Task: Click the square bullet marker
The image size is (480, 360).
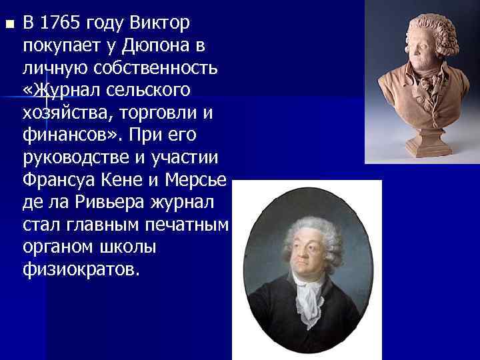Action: tap(8, 25)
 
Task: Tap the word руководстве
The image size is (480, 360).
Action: tap(75, 157)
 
